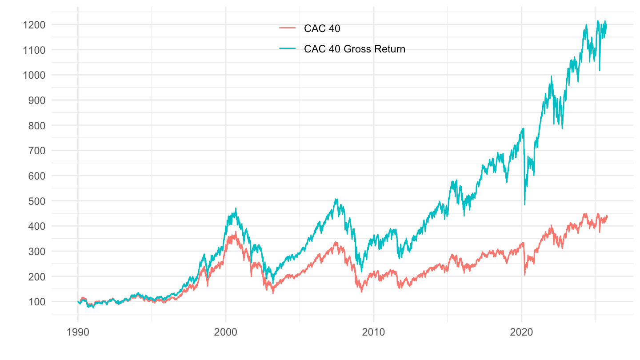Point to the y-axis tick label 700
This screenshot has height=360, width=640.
coord(35,151)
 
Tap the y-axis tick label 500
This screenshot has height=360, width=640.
coord(35,201)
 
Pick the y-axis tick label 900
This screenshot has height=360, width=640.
coord(35,100)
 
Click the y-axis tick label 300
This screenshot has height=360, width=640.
coord(35,251)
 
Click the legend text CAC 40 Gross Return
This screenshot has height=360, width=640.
coord(355,49)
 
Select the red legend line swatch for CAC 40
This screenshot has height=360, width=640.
coord(288,29)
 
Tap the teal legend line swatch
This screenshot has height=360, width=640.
coord(288,49)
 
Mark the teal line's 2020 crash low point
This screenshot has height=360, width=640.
coord(525,204)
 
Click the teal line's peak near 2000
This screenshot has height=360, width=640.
coord(236,208)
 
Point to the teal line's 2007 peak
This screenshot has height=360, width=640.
coord(336,199)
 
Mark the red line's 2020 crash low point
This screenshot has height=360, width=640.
coord(525,275)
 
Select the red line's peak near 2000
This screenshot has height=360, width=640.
coord(236,232)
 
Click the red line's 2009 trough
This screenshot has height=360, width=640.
coord(361,292)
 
